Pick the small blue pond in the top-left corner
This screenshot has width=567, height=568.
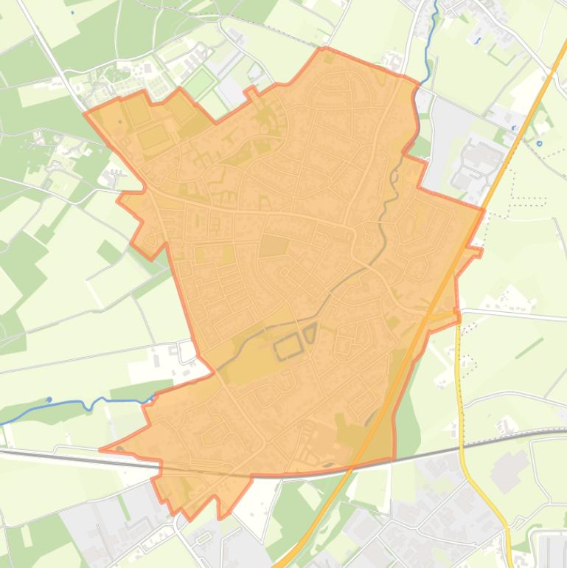coord(72,13)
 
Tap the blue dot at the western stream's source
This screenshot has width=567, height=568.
coord(49,400)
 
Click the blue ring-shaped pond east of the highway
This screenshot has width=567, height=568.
coord(539,143)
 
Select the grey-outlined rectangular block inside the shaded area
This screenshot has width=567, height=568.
coord(288,346)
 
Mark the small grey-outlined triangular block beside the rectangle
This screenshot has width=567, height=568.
coord(310,333)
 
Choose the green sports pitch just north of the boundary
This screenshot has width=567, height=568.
coord(198,83)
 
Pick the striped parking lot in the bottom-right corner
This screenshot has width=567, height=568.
coord(552,550)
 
